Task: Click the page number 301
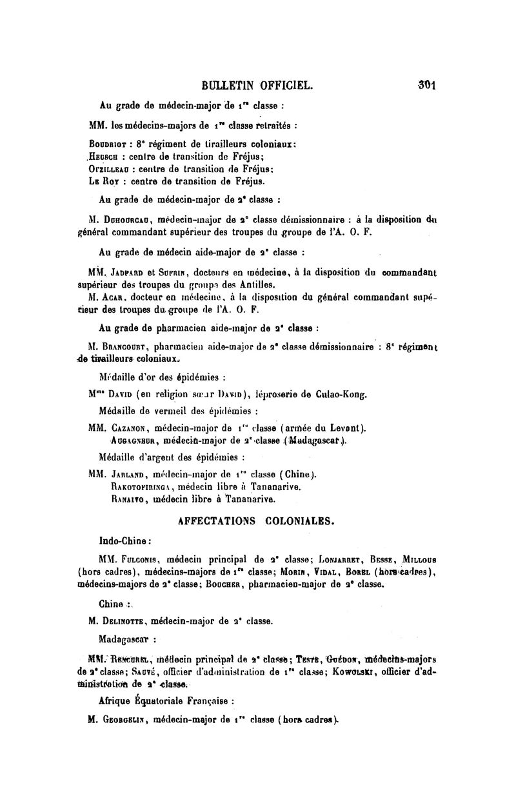[427, 84]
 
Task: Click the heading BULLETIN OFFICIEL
[257, 85]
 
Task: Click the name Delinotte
[132, 622]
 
